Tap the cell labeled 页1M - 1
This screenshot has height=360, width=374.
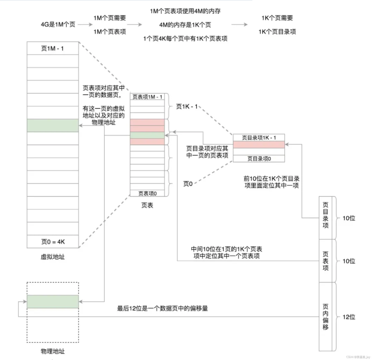pos(52,48)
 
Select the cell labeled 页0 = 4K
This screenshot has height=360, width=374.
pos(52,241)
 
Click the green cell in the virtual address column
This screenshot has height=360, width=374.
pos(52,125)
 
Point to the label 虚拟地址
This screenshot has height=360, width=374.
pos(52,257)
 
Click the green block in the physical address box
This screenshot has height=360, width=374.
pos(52,302)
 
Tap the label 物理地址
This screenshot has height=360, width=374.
pos(52,351)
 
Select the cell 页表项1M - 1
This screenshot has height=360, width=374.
pos(147,97)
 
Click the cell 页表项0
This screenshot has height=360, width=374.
pos(147,193)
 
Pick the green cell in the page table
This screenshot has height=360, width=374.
pos(147,135)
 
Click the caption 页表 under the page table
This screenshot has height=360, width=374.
pos(147,206)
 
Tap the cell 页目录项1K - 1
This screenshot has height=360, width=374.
pos(259,137)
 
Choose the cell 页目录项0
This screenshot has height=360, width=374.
pos(259,159)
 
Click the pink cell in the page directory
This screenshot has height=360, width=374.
pos(259,145)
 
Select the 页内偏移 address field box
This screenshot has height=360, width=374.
pos(325,316)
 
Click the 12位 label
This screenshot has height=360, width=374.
pos(349,317)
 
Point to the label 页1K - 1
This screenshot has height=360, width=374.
pos(187,106)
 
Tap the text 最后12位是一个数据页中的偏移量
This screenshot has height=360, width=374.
pos(162,308)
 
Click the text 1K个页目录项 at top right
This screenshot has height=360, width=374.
pos(277,31)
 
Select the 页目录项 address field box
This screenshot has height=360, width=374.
pos(325,218)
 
